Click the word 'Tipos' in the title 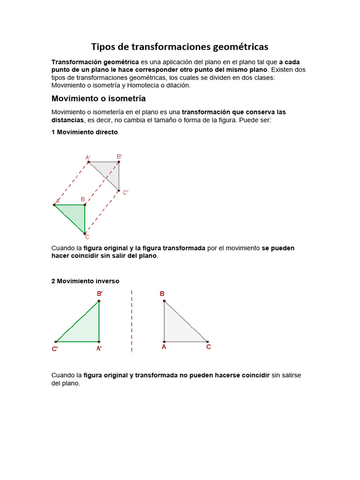click(103, 47)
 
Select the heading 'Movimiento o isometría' click(98, 98)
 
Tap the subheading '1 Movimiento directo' click(84, 132)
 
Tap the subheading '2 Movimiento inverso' click(85, 281)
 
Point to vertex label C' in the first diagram click(125, 192)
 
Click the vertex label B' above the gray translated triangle click(119, 157)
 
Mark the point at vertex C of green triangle click(85, 233)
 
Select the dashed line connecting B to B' click(102, 183)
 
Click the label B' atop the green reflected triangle click(100, 294)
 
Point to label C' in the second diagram click(55, 349)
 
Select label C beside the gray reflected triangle click(209, 347)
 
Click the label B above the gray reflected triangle click(162, 294)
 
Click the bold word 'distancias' click(67, 120)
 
